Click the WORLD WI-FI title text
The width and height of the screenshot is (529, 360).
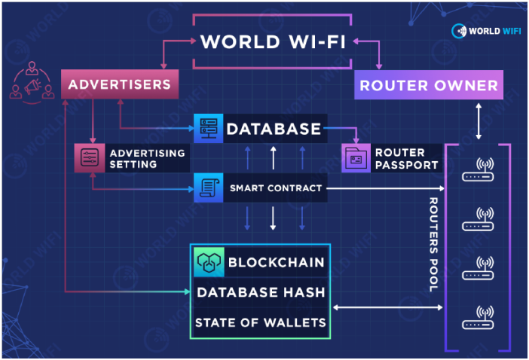click(274, 41)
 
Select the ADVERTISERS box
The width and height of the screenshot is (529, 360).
click(119, 84)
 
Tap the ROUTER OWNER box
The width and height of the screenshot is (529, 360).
click(428, 86)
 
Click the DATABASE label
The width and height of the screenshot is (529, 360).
click(274, 129)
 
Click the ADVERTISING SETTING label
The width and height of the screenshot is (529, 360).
click(147, 158)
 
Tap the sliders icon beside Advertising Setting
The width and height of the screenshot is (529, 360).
click(89, 157)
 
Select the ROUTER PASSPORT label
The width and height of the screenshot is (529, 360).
click(405, 158)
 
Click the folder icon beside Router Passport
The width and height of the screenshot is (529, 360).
click(355, 158)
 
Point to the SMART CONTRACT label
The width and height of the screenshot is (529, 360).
click(276, 188)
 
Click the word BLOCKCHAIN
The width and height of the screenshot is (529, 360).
click(276, 262)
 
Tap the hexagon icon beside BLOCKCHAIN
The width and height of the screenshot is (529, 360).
click(208, 262)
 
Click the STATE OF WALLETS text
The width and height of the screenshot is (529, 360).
click(261, 323)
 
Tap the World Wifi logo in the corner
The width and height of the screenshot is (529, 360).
click(485, 31)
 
